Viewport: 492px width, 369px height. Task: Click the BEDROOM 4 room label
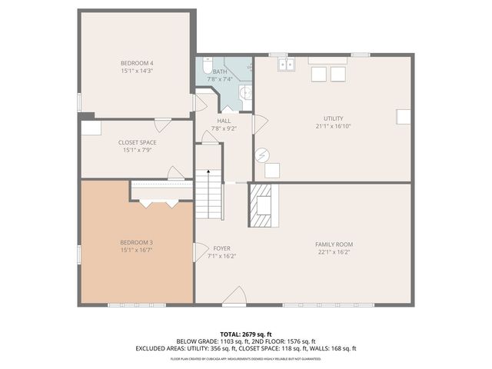[x=137, y=62]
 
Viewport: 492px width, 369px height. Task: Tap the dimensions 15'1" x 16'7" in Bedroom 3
[x=137, y=250]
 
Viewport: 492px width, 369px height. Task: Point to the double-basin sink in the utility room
[x=286, y=65]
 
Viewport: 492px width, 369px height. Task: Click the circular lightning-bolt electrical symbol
[x=263, y=154]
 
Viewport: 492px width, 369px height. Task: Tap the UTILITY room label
[x=333, y=118]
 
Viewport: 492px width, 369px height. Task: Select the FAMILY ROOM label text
[x=334, y=244]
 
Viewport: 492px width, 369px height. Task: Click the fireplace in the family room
[x=263, y=205]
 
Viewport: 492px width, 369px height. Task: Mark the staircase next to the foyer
[x=208, y=194]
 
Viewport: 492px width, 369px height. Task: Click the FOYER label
[x=222, y=248]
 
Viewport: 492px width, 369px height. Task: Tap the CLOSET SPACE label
[x=137, y=143]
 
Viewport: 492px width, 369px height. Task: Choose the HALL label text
[x=224, y=121]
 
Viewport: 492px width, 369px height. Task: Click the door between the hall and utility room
[x=259, y=121]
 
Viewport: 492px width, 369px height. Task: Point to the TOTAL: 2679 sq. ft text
[x=246, y=334]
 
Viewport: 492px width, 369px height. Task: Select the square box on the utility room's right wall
[x=402, y=117]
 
